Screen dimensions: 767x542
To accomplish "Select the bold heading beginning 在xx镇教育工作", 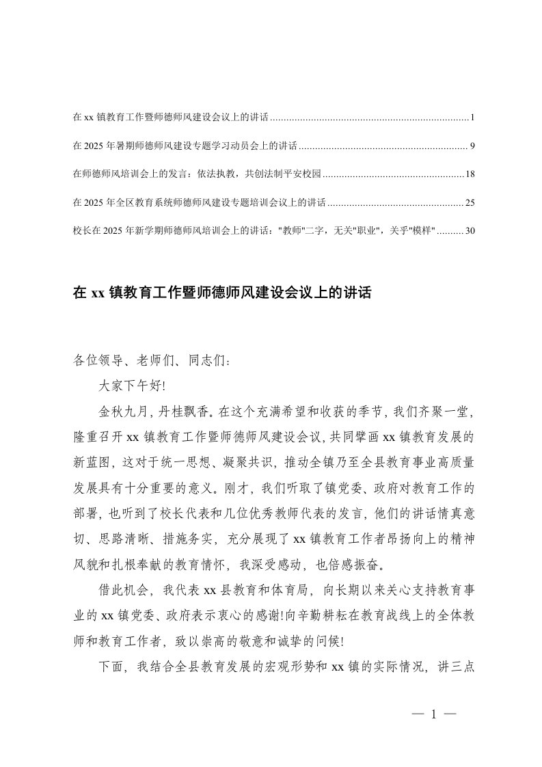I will coord(221,293).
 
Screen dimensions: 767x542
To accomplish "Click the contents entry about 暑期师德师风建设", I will coord(185,146).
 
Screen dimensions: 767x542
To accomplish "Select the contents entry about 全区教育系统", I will coord(198,202).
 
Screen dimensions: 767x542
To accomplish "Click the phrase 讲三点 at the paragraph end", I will coord(447,665).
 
